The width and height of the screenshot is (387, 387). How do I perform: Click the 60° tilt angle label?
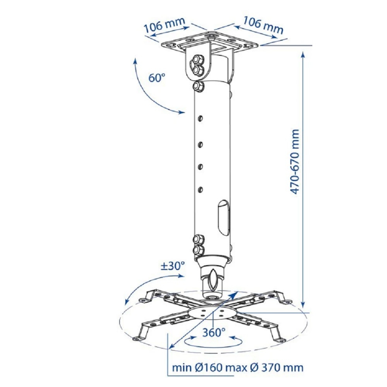click(156, 78)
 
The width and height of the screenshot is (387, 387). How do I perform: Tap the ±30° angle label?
click(173, 266)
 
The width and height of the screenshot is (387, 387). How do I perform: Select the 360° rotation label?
click(214, 332)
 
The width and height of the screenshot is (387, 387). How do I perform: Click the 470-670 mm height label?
click(294, 162)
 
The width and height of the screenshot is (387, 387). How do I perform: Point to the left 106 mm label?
click(164, 25)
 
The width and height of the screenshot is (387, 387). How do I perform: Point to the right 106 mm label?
click(263, 25)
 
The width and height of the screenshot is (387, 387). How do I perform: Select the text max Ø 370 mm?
click(264, 368)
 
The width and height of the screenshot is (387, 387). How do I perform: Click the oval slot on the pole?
click(224, 217)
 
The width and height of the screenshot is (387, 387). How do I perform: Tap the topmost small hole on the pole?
click(200, 118)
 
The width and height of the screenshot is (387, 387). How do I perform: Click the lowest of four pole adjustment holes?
click(200, 190)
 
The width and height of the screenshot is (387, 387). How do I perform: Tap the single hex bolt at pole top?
click(198, 87)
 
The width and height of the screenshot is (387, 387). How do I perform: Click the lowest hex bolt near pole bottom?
click(199, 250)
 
